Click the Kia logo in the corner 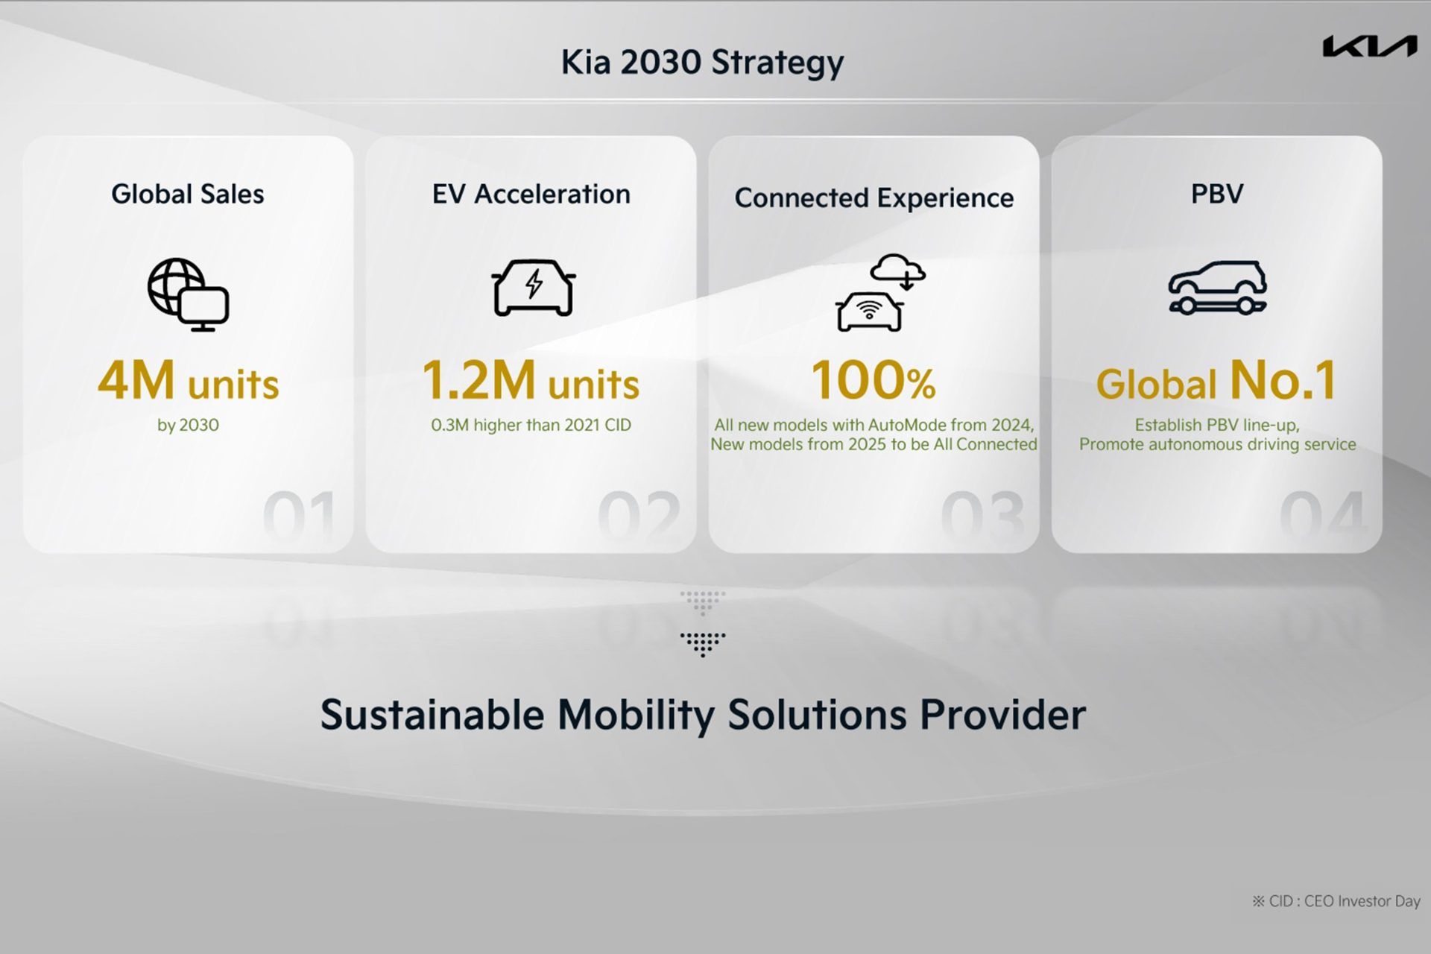click(1370, 46)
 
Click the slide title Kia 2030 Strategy click(702, 63)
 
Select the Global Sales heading click(188, 195)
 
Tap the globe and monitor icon click(188, 295)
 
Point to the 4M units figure click(189, 381)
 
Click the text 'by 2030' click(188, 426)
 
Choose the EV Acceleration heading click(531, 195)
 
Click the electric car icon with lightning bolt click(533, 288)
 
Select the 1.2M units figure click(531, 381)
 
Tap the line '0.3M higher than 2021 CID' click(531, 426)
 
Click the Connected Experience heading click(874, 198)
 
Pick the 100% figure click(873, 381)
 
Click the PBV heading click(1217, 195)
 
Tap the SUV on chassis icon click(1217, 288)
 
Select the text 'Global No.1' click(1217, 381)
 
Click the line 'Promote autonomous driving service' click(1218, 445)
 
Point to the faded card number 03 click(983, 516)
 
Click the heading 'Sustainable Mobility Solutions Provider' click(703, 715)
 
